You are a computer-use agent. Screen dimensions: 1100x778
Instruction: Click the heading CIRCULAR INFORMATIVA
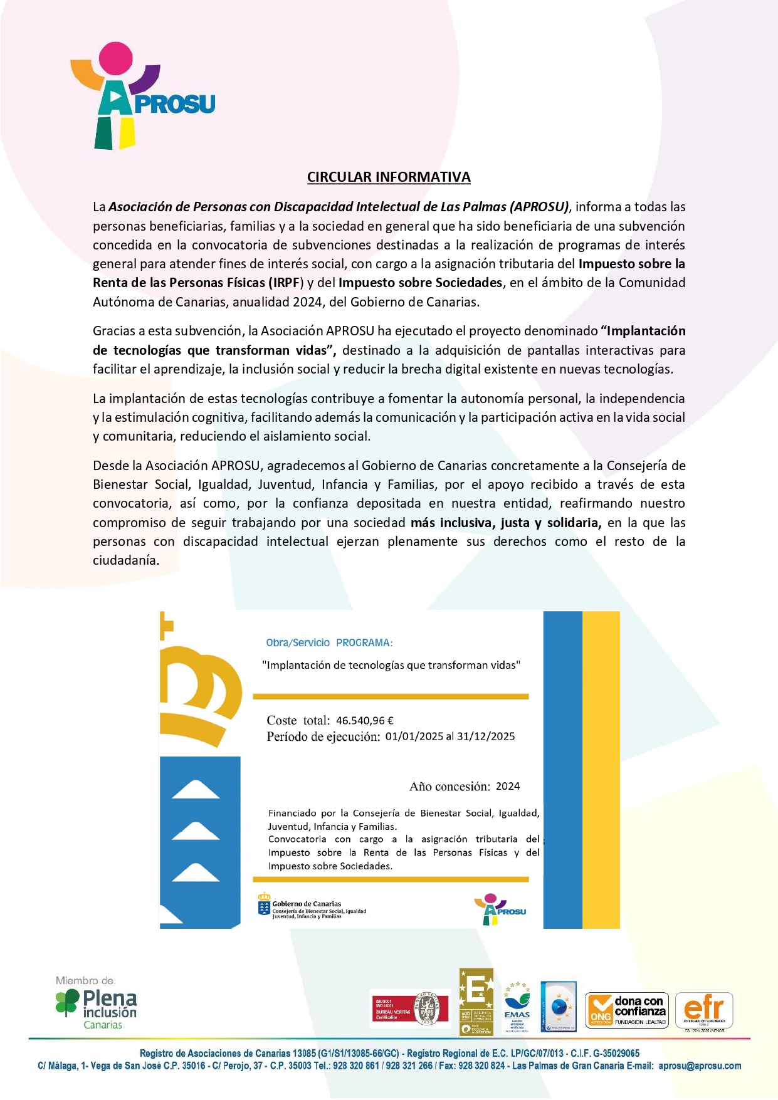389,177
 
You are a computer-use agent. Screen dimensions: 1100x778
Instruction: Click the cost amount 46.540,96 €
364,721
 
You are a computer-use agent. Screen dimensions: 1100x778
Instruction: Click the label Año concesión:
449,787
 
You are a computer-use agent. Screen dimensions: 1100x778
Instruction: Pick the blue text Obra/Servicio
298,643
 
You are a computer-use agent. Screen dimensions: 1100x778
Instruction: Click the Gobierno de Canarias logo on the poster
312,906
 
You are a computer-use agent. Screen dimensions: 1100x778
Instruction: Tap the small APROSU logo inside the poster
500,909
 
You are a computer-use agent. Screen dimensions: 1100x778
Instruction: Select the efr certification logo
704,1010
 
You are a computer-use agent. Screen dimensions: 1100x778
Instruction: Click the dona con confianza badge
627,1010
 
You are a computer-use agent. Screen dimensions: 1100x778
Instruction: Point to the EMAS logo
517,1007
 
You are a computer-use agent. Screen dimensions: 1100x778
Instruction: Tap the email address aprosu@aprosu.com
700,1066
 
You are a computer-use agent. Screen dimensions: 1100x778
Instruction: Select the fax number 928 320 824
481,1066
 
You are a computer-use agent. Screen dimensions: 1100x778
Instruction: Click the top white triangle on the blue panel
196,790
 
